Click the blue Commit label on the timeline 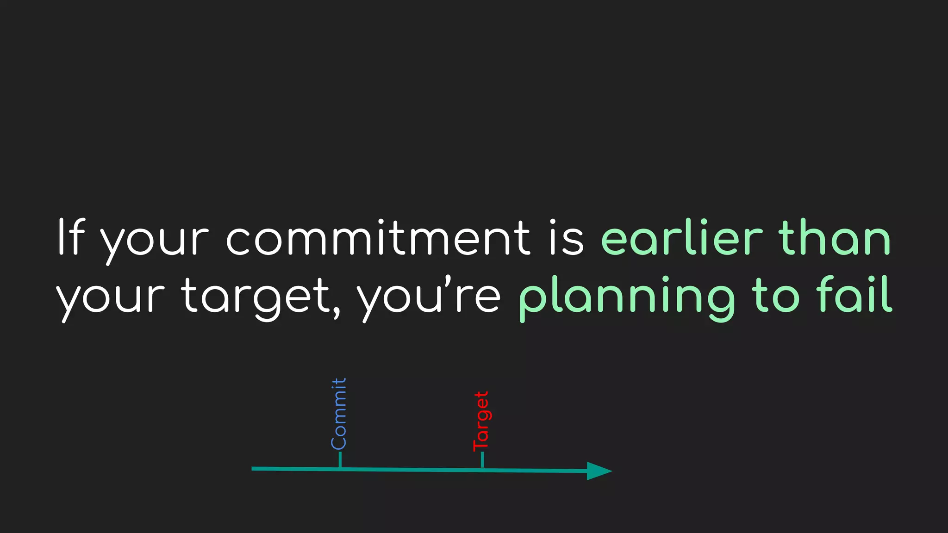(339, 413)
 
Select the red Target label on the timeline (481, 421)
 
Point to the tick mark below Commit (340, 460)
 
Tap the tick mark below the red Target (482, 460)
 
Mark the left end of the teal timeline (253, 469)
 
